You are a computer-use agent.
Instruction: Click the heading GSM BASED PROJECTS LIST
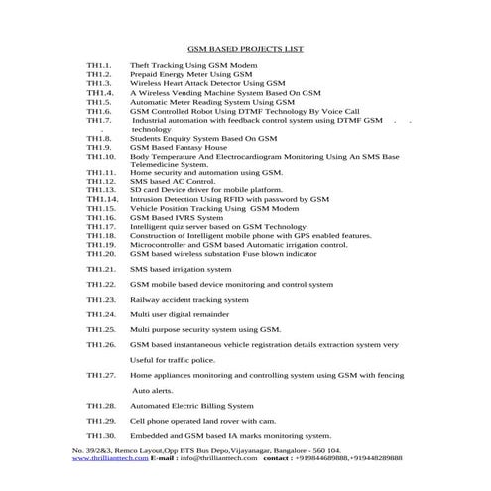pyautogui.click(x=245, y=47)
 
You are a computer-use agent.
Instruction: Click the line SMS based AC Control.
pyautogui.click(x=173, y=183)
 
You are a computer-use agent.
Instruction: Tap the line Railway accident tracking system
pyautogui.click(x=189, y=299)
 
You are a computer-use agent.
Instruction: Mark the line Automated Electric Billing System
pyautogui.click(x=191, y=406)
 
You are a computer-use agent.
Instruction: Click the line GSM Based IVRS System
pyautogui.click(x=177, y=218)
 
